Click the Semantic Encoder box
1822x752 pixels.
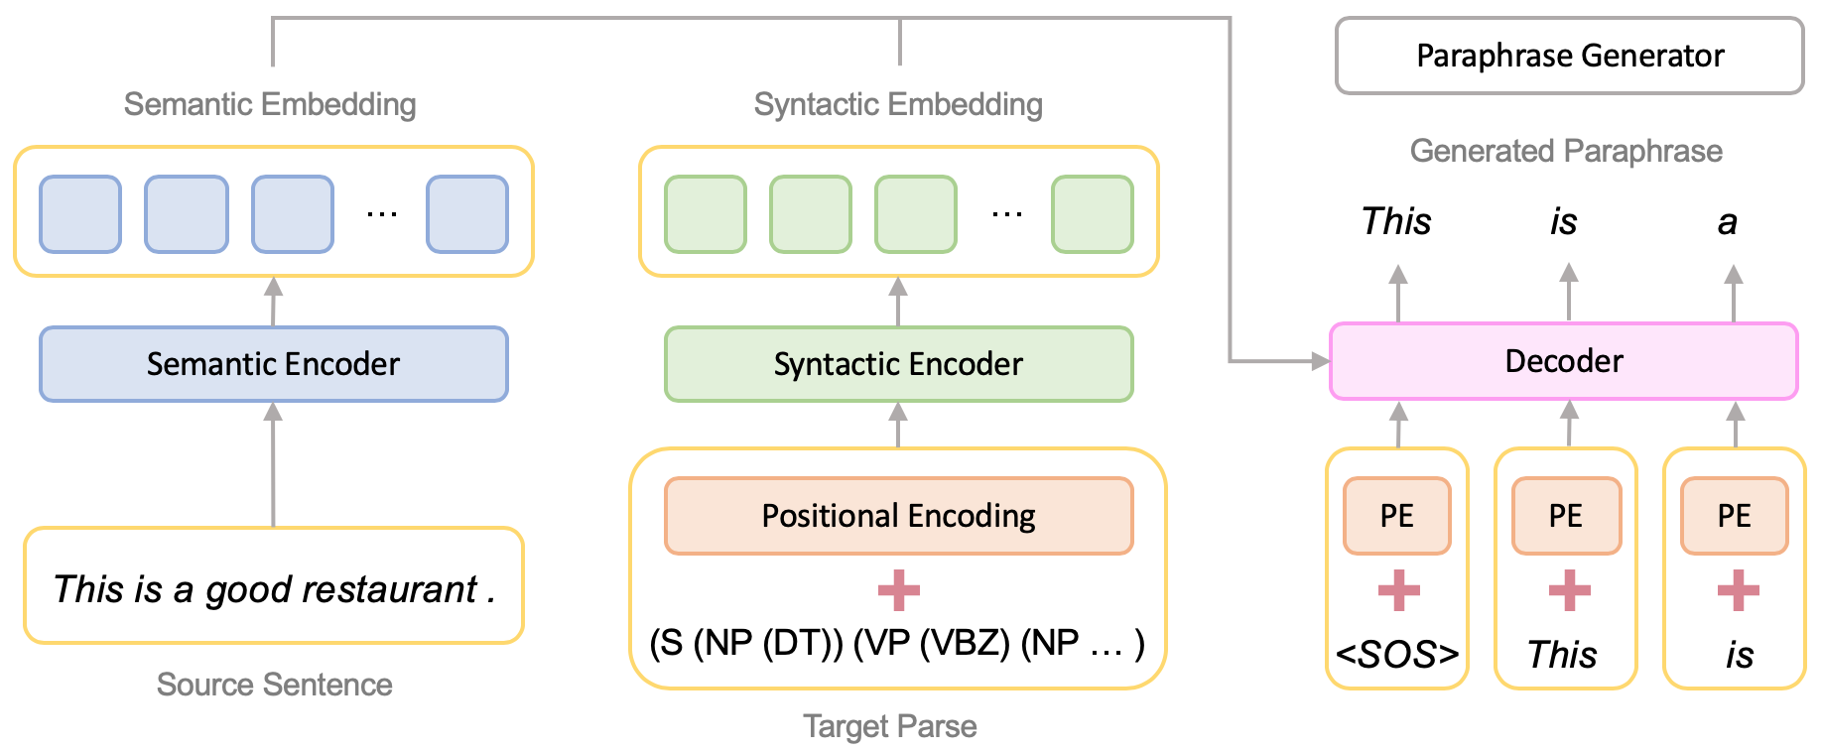(x=273, y=364)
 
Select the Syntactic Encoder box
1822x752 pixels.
(x=898, y=364)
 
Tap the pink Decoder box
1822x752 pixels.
(x=1563, y=361)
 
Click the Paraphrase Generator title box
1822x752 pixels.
(x=1569, y=56)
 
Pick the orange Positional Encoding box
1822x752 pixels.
(x=898, y=516)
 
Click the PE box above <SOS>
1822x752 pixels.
(x=1396, y=516)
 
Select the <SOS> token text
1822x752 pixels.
(x=1396, y=655)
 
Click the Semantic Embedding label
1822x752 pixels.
(x=270, y=104)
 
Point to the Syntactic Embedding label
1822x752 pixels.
(x=898, y=104)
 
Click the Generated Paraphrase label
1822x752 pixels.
(x=1565, y=151)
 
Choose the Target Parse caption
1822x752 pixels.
(x=889, y=726)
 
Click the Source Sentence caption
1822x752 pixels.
(x=274, y=685)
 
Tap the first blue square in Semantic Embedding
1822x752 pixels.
(x=80, y=214)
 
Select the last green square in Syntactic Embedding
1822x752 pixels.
(x=1092, y=214)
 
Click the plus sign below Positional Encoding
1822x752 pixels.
(x=898, y=590)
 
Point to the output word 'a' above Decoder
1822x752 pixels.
(x=1728, y=222)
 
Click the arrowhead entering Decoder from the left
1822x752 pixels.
(x=1320, y=361)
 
